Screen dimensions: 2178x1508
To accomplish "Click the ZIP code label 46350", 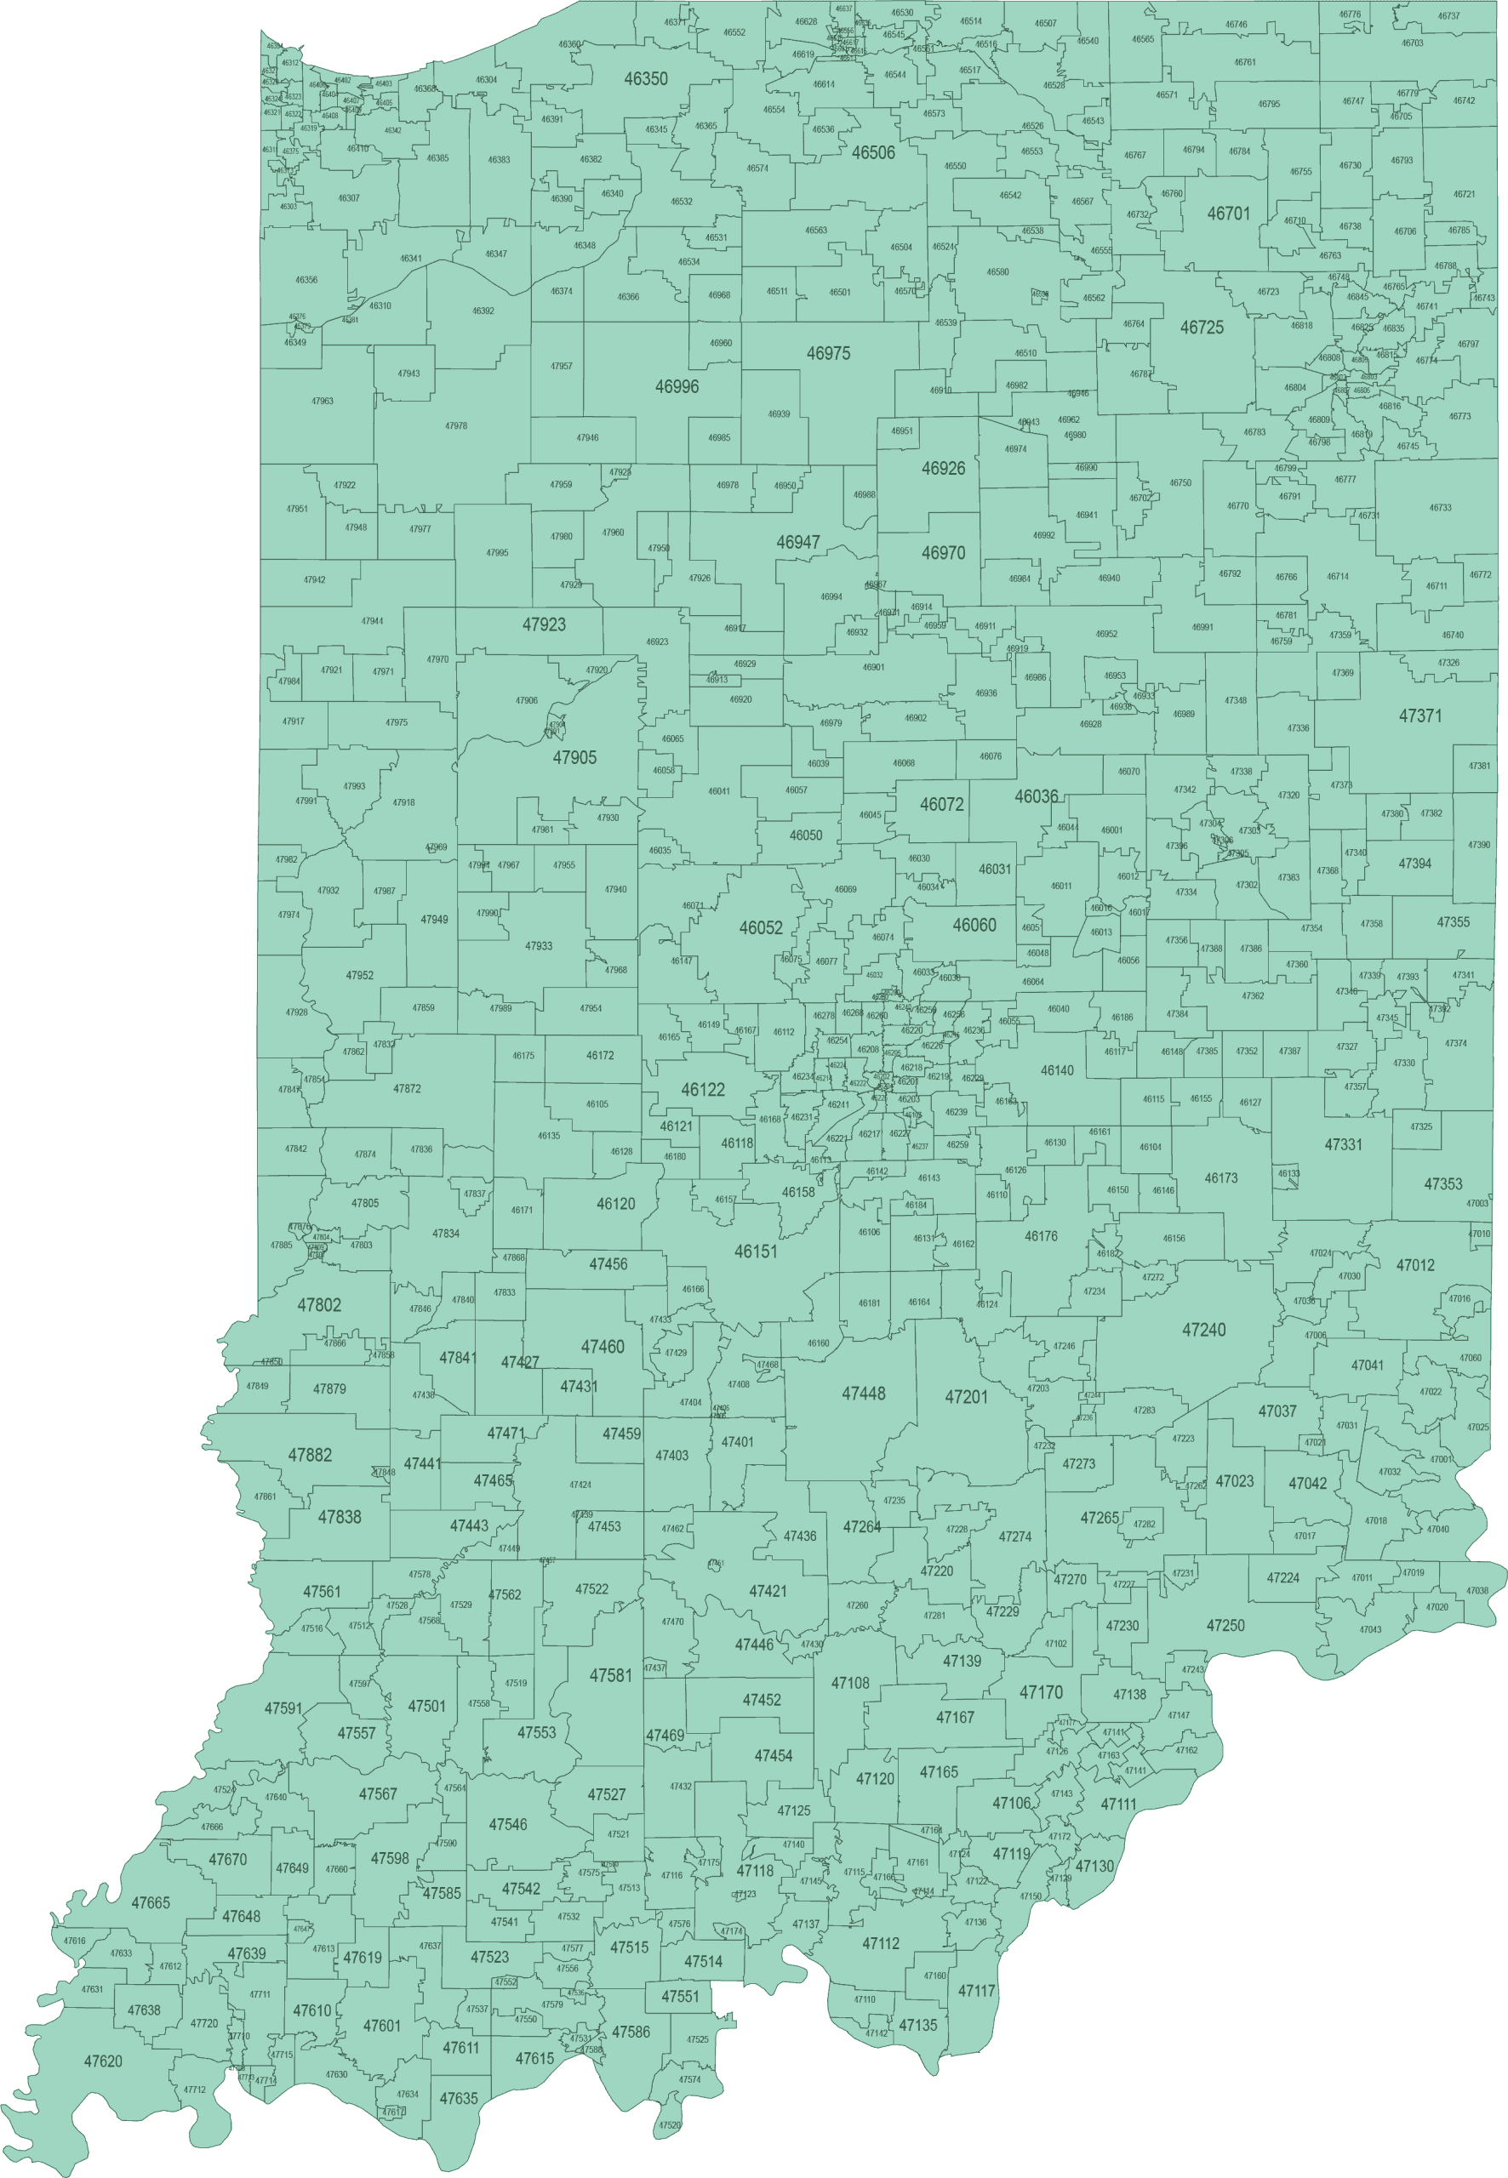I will point(645,79).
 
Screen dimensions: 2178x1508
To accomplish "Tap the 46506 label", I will point(873,153).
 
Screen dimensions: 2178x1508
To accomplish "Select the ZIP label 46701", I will point(1228,214).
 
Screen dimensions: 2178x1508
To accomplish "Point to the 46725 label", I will point(1202,328).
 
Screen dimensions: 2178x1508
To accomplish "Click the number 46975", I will point(828,353).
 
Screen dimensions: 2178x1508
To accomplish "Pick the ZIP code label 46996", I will point(677,386).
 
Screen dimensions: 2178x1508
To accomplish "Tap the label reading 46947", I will point(798,542).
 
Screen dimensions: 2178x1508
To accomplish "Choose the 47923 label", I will point(545,624).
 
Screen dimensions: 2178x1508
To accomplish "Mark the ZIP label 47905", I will point(574,757).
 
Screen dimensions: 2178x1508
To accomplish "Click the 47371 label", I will point(1420,716).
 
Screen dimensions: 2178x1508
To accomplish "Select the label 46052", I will point(761,927).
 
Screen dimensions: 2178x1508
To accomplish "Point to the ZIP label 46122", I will point(703,1090).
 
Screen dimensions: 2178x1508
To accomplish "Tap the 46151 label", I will point(756,1251).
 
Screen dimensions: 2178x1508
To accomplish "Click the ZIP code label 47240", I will point(1203,1330).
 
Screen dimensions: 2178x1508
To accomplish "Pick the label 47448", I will point(864,1393).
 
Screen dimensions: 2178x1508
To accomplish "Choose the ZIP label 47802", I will point(319,1305).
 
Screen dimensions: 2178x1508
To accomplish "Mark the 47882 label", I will point(310,1456).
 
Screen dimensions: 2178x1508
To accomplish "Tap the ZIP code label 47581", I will point(610,1675).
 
